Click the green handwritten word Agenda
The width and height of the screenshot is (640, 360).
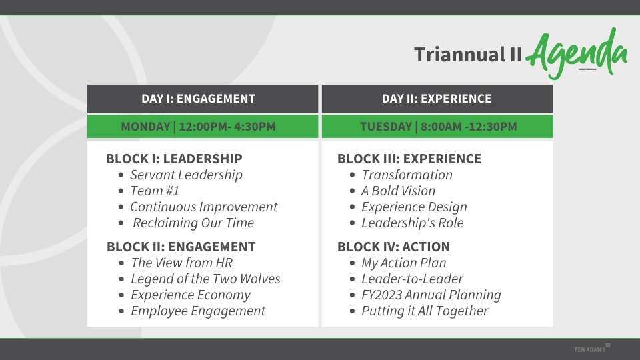tap(577, 53)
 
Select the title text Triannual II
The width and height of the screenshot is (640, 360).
tap(468, 55)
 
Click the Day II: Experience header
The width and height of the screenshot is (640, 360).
tap(437, 99)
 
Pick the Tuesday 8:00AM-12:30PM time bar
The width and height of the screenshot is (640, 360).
tap(437, 127)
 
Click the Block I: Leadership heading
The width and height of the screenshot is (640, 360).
tap(174, 159)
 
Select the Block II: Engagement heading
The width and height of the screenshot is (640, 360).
tap(181, 247)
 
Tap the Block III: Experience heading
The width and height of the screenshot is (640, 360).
tap(409, 159)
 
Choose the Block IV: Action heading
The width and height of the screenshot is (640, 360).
tap(393, 247)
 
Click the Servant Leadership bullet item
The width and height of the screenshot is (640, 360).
tap(186, 175)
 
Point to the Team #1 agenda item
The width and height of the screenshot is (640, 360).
tap(155, 191)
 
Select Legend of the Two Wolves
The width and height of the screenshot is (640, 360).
tap(205, 279)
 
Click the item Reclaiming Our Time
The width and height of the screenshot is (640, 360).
tap(193, 223)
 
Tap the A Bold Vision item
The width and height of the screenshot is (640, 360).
tap(399, 191)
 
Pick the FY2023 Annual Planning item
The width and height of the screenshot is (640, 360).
tap(431, 295)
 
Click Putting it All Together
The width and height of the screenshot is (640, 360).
tap(425, 311)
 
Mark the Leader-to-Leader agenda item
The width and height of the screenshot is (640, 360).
tap(412, 279)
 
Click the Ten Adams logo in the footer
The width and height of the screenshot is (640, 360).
tap(592, 349)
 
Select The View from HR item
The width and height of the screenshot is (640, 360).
tap(181, 263)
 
